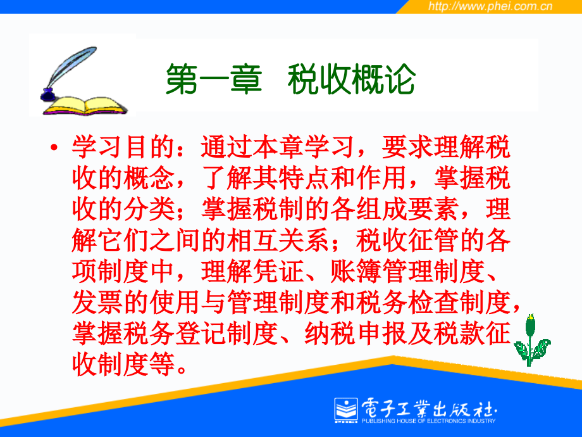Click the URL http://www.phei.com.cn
click(490, 6)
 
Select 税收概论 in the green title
click(351, 79)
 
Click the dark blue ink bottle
click(47, 95)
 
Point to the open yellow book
click(85, 106)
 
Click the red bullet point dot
click(54, 148)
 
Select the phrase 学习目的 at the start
click(123, 147)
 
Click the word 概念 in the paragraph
click(149, 178)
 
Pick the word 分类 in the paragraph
click(149, 209)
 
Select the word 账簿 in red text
click(356, 271)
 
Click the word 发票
click(97, 302)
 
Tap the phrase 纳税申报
click(356, 333)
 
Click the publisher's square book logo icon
click(346, 410)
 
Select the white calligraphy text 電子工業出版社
click(429, 408)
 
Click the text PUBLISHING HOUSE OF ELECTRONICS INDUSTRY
click(429, 421)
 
